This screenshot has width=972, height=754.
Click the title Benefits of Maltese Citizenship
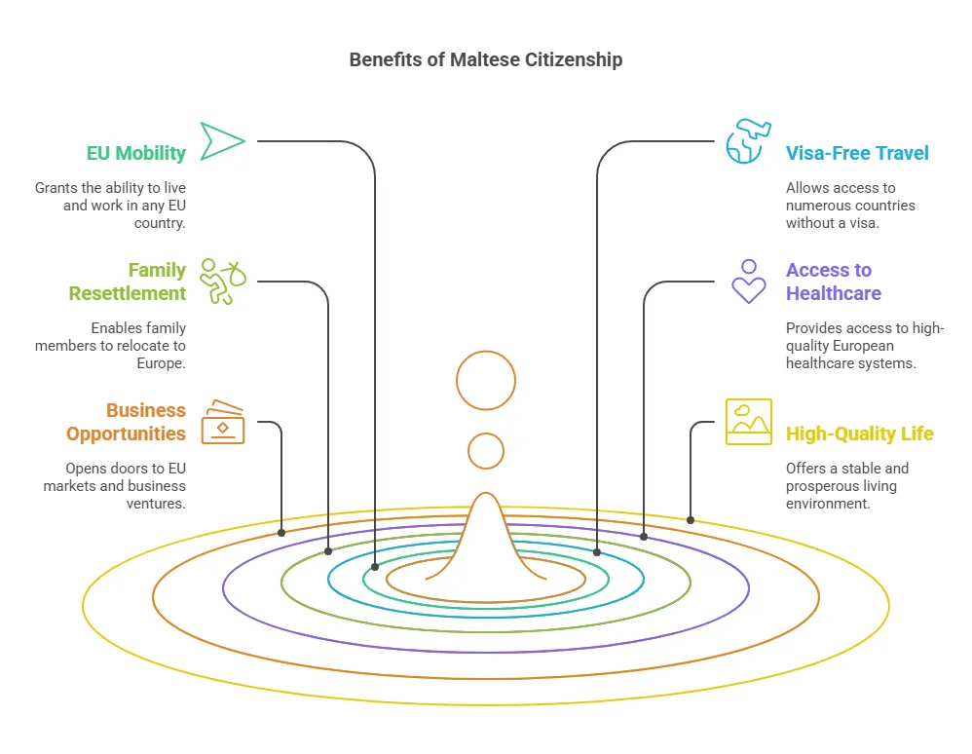tap(485, 59)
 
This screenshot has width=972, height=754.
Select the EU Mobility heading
tap(135, 153)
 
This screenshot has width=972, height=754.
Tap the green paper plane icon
tap(221, 141)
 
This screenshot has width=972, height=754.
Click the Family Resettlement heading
tap(127, 282)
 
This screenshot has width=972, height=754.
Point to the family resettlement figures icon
tap(222, 281)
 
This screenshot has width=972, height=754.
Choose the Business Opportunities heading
tap(126, 422)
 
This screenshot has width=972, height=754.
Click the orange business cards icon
tap(222, 421)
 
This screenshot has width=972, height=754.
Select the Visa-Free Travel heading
tap(857, 153)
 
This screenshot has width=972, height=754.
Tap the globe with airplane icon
tap(748, 141)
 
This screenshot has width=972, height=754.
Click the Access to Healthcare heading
tap(834, 282)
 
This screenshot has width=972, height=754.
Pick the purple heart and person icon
tap(748, 281)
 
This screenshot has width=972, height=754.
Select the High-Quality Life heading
tap(860, 434)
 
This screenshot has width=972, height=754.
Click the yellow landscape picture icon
tap(748, 421)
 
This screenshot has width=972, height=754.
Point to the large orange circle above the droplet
tap(485, 380)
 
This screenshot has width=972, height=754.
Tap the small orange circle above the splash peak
tap(485, 451)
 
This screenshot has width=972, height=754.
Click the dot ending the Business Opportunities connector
tap(281, 533)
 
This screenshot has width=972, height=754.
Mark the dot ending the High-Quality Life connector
tap(691, 520)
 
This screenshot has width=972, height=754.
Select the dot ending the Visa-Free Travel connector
tap(597, 552)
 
